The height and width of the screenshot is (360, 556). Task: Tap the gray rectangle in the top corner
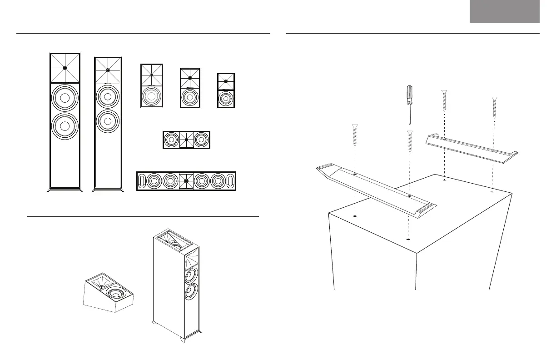504,11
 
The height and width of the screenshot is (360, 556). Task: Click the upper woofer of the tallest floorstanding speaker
65,98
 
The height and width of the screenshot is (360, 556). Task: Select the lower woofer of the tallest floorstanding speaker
65,126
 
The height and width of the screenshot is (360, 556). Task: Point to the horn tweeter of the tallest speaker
65,68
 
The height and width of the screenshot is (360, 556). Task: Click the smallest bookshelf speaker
226,90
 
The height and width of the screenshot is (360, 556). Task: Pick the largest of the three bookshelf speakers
151,86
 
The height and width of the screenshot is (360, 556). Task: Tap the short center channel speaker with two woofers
186,140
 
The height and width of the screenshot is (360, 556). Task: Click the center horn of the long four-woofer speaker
186,181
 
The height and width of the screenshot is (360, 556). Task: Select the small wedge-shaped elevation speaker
109,295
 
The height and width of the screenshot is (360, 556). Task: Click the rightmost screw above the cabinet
494,108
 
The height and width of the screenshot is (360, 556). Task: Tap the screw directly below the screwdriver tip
410,143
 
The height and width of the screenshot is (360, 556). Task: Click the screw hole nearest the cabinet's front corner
408,239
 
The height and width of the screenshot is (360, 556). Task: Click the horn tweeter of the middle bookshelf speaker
189,78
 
